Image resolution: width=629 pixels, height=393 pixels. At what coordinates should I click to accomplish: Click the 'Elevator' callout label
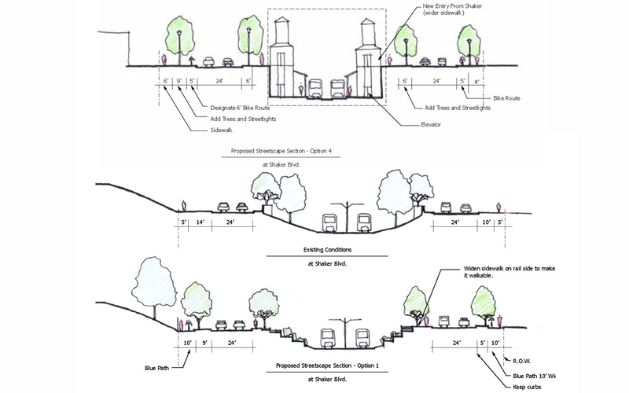click(431, 124)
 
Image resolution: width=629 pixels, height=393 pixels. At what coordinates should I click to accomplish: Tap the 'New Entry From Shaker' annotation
click(452, 6)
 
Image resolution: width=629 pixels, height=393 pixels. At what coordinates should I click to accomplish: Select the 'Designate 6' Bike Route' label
click(240, 108)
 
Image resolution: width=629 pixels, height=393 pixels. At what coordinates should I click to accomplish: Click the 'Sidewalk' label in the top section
click(222, 130)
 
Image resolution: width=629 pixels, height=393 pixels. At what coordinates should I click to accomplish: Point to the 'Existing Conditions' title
click(327, 249)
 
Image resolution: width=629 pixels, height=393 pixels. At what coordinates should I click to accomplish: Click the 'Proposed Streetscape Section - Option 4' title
click(281, 151)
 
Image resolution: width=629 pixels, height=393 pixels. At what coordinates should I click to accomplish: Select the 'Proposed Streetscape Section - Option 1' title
click(327, 365)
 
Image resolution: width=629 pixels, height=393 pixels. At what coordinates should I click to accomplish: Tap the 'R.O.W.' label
click(521, 361)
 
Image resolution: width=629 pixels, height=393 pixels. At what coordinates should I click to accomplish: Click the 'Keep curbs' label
click(527, 387)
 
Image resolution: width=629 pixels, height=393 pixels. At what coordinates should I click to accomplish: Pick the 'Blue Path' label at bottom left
click(156, 368)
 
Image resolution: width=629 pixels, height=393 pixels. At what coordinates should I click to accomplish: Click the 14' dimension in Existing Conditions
click(200, 222)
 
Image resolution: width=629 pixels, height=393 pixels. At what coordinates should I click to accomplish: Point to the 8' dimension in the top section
click(476, 82)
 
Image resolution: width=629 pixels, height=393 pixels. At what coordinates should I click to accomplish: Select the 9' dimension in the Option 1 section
click(204, 343)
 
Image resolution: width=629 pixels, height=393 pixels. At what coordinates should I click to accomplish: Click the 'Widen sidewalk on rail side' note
click(509, 272)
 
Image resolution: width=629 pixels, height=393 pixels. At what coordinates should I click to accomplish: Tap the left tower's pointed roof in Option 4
click(282, 20)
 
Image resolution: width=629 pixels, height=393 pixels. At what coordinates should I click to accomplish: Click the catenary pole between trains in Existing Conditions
click(346, 218)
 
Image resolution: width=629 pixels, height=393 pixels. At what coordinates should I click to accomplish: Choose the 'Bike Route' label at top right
click(506, 98)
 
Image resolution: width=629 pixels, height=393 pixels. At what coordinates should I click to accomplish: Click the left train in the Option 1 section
click(329, 339)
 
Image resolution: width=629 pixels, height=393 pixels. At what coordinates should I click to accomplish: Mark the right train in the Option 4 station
click(337, 89)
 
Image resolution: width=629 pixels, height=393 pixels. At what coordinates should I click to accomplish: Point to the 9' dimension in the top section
click(180, 82)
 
